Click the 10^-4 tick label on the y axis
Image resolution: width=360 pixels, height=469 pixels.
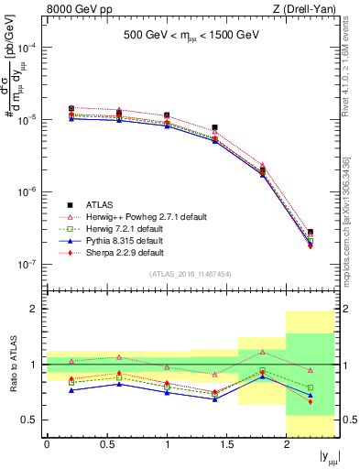tap(27, 48)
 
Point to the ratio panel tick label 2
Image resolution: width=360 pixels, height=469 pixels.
tap(33, 310)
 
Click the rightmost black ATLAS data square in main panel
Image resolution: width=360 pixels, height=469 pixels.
tap(311, 233)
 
